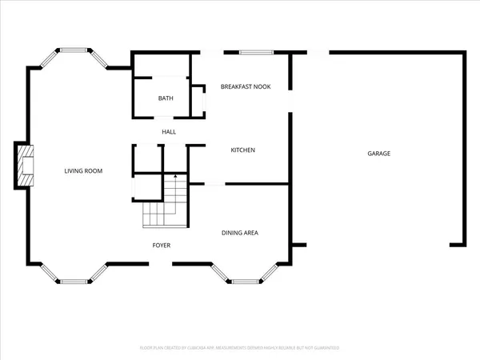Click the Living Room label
coord(83,171)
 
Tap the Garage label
coord(379,153)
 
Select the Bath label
coord(165,98)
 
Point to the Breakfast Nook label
coord(246,86)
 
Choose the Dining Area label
coord(239,233)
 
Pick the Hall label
coord(169,132)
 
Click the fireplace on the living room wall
coord(25,166)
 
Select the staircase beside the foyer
coord(166,203)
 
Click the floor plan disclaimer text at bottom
coord(240,348)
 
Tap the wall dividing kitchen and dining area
coord(256,184)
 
